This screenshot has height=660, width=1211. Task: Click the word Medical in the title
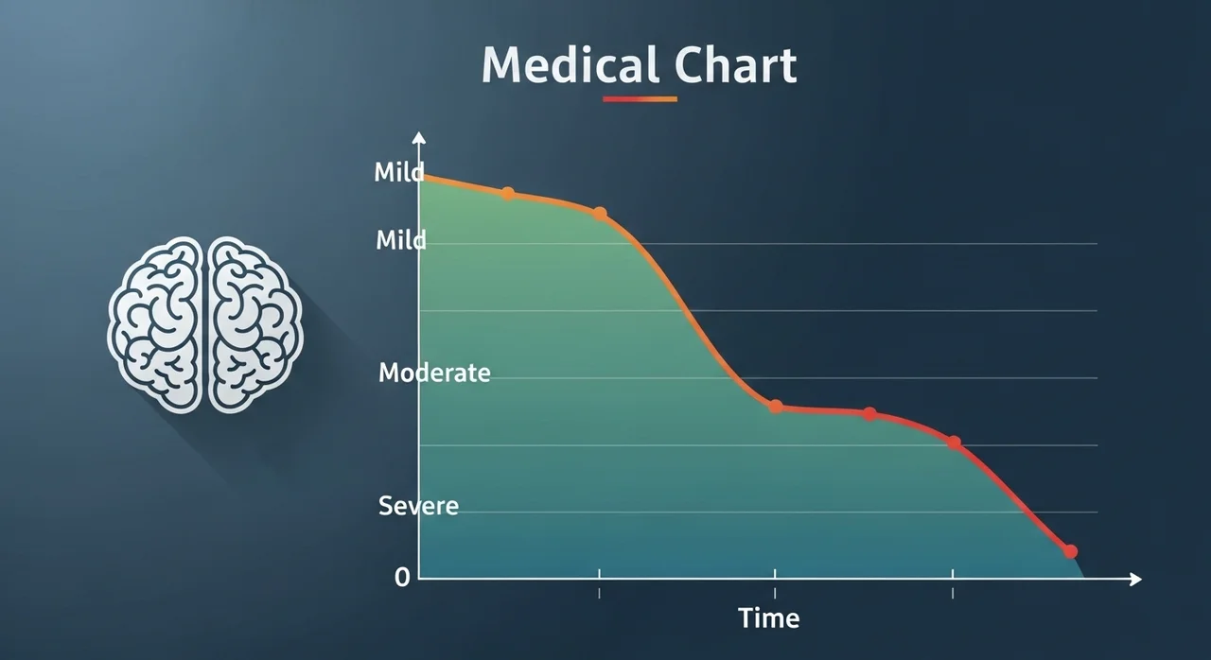coord(570,65)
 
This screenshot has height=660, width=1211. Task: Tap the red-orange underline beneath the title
coord(640,99)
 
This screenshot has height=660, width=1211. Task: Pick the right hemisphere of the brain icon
coord(255,325)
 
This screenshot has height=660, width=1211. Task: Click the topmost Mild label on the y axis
coord(399,172)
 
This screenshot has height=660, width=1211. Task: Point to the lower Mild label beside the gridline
coord(400,239)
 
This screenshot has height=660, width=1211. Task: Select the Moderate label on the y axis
coord(434,373)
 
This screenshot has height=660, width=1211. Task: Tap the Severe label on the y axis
coord(418,506)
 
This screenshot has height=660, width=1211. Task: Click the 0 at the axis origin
coord(402,578)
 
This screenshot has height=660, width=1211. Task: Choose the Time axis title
coord(769,618)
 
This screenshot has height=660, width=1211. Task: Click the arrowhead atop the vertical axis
coord(418,138)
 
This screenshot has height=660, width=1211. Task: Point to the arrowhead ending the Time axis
coord(1135,579)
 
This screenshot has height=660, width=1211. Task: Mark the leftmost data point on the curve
coord(508,194)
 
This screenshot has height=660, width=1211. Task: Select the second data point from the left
coord(600,214)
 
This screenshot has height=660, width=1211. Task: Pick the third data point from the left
coord(776,407)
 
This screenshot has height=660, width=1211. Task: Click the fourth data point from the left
coord(869,414)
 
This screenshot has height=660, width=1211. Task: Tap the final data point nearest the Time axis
coord(1070,551)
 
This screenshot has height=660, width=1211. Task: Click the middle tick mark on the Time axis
coord(775,583)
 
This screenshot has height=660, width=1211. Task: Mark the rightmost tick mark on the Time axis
coord(953,583)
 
